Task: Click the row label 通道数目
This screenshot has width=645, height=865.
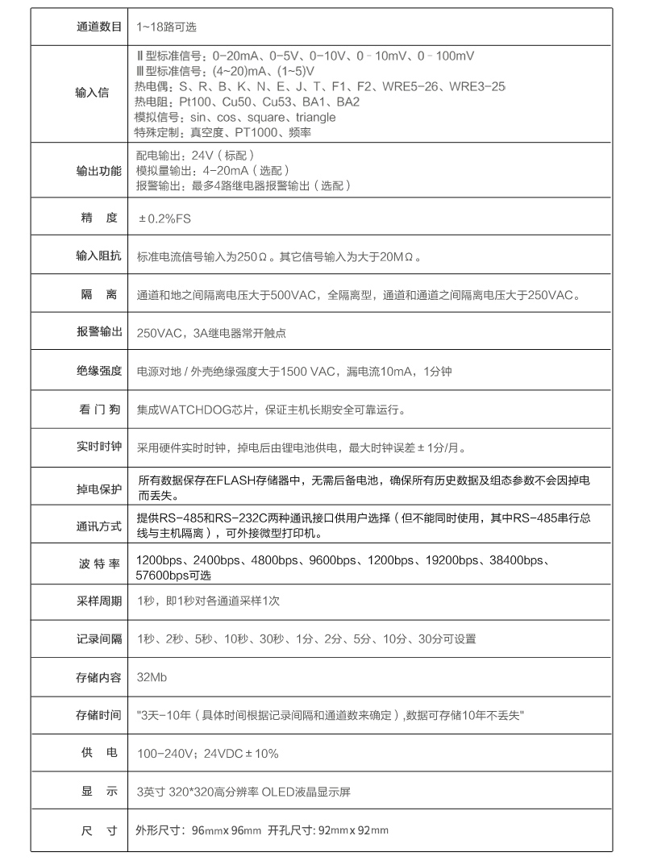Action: click(98, 27)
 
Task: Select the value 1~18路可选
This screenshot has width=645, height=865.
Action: click(167, 27)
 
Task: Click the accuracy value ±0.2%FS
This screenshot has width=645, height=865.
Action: click(165, 218)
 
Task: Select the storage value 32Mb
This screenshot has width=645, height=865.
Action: click(153, 677)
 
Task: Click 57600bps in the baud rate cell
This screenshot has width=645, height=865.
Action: click(161, 576)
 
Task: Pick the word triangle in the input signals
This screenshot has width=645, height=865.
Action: click(310, 118)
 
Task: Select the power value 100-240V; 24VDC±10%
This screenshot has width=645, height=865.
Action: click(208, 754)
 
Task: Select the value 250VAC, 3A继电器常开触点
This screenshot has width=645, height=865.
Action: click(212, 333)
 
